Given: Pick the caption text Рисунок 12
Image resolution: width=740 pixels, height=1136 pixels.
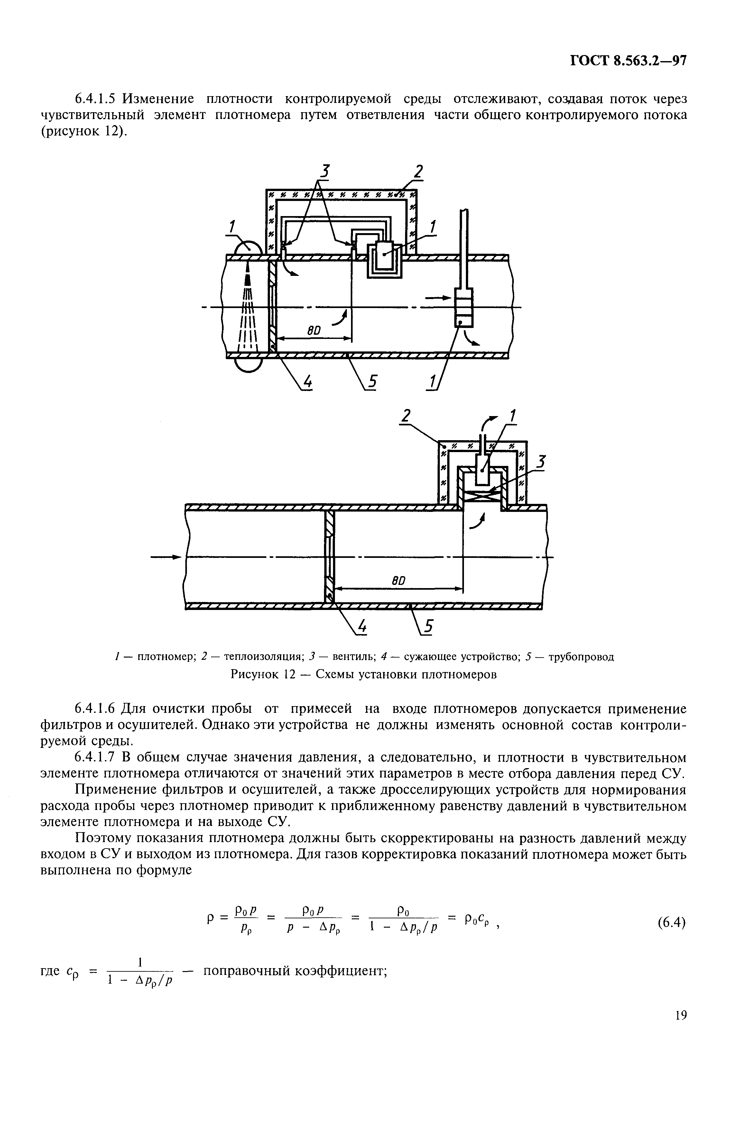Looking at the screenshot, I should pyautogui.click(x=264, y=675).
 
